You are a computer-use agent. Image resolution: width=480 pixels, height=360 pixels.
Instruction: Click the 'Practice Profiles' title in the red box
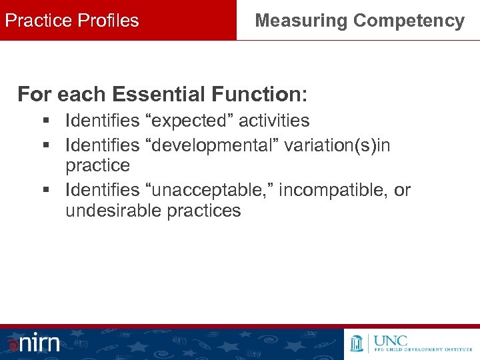tap(72, 21)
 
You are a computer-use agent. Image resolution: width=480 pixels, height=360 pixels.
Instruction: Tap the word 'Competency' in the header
tap(409, 21)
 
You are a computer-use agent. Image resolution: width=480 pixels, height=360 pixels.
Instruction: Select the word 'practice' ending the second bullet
tap(97, 165)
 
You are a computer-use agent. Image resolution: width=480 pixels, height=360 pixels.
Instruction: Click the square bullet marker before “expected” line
tap(45, 121)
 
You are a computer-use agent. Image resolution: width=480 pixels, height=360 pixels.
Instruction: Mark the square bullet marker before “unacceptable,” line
tap(45, 191)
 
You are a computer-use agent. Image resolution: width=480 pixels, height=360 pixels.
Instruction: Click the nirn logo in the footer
tap(33, 343)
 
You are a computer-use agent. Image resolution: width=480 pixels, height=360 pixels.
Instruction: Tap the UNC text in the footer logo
tap(393, 340)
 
